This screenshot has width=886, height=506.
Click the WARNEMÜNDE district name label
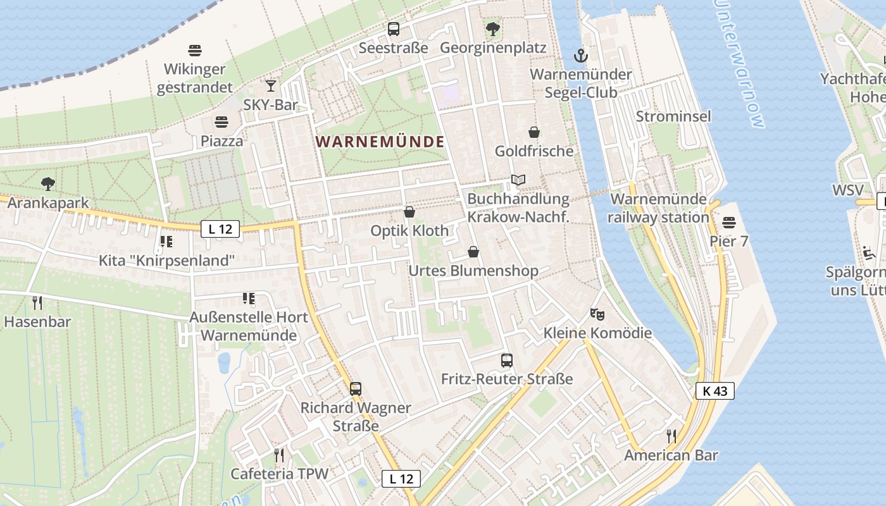click(380, 142)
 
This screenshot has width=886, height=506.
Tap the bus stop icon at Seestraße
click(394, 29)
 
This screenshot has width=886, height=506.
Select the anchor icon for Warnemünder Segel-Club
click(580, 56)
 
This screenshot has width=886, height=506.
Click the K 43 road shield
click(715, 391)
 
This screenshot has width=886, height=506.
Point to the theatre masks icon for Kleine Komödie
click(596, 313)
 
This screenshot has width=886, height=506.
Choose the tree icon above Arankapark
click(47, 184)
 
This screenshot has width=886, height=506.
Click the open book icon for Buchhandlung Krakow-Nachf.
click(518, 180)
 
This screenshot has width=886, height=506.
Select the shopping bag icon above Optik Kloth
click(409, 212)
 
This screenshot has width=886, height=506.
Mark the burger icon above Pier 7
click(729, 223)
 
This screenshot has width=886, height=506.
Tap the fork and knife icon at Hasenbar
click(37, 303)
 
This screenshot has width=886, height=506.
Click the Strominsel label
click(673, 116)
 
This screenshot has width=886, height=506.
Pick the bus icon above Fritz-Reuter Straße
click(507, 361)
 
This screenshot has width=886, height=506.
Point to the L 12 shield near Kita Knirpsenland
click(220, 229)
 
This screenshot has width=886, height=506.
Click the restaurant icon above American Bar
click(671, 436)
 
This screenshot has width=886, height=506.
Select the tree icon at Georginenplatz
click(492, 29)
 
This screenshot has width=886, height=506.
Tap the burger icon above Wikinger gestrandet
click(195, 50)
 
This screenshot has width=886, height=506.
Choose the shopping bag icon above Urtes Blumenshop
click(473, 252)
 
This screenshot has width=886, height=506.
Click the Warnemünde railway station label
click(658, 208)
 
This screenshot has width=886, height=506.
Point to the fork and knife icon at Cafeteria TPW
click(278, 455)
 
